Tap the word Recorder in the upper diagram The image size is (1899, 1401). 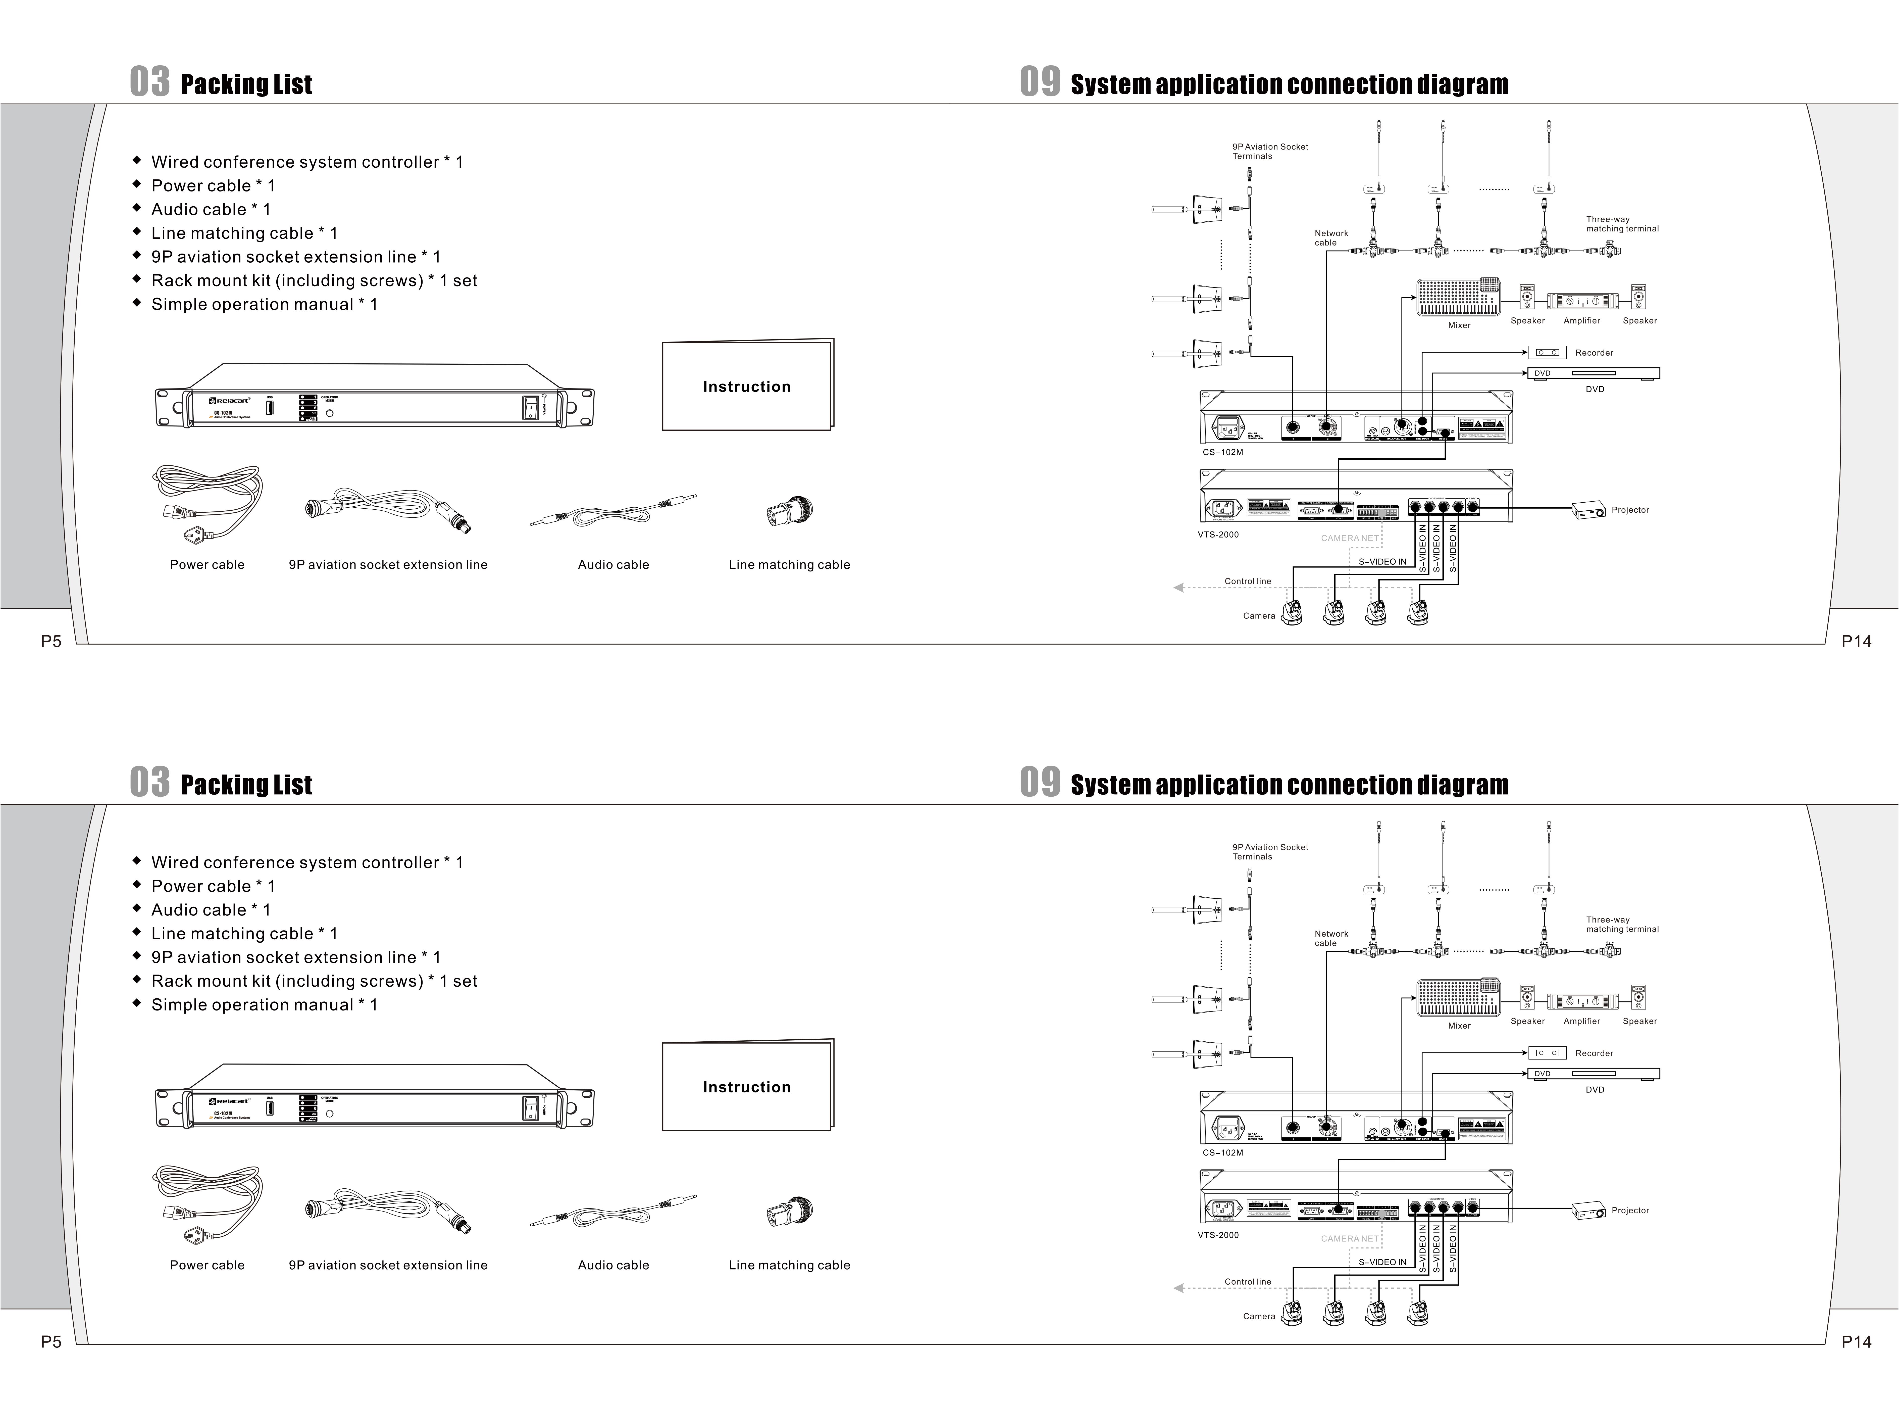(x=1594, y=353)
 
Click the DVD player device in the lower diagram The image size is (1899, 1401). (x=1594, y=1074)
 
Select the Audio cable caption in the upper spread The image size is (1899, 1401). (x=613, y=565)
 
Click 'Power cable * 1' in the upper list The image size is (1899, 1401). (x=213, y=186)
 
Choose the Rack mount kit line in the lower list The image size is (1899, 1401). (x=314, y=981)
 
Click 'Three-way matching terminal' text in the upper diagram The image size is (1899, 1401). (x=1622, y=224)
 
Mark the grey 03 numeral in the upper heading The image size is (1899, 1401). (x=149, y=82)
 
